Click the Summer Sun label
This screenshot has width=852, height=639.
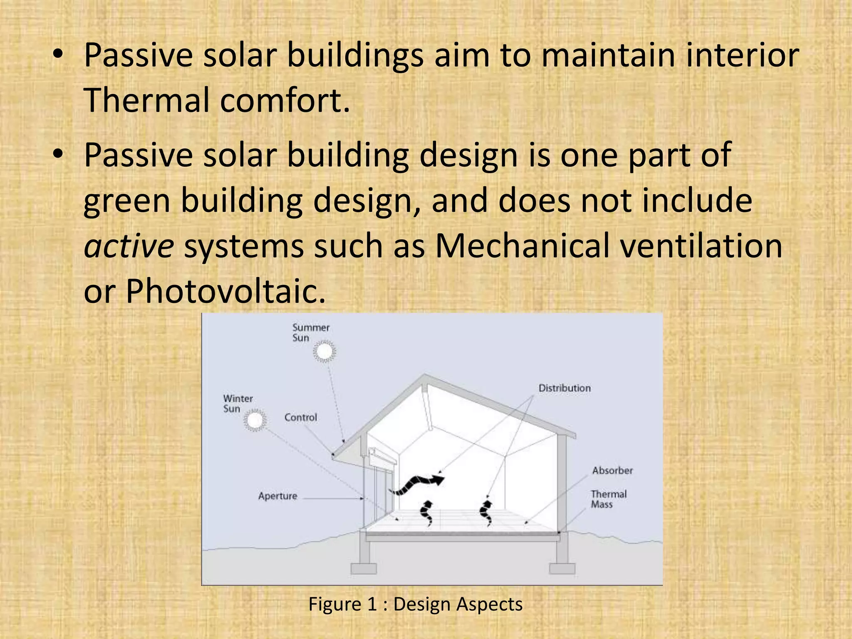pyautogui.click(x=310, y=332)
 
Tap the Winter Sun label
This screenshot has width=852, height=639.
pyautogui.click(x=238, y=404)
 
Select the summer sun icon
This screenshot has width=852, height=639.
pyautogui.click(x=324, y=352)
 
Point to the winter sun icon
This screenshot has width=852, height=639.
pyautogui.click(x=255, y=420)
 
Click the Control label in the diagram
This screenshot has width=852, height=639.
pyautogui.click(x=300, y=417)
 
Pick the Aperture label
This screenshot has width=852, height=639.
pyautogui.click(x=277, y=496)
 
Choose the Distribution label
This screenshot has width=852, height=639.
pyautogui.click(x=565, y=388)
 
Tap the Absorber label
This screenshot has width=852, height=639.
pyautogui.click(x=612, y=471)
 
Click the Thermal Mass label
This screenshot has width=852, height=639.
pyautogui.click(x=608, y=499)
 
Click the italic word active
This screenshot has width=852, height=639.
pyautogui.click(x=129, y=246)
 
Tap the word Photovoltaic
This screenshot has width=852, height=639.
pyautogui.click(x=225, y=291)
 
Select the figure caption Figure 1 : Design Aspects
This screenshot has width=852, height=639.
pyautogui.click(x=415, y=604)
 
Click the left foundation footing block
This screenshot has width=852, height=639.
pyautogui.click(x=364, y=568)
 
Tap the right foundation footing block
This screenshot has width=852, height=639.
pyautogui.click(x=562, y=568)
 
